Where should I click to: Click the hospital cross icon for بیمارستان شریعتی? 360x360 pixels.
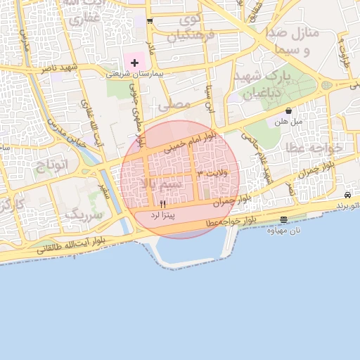coord(135,63)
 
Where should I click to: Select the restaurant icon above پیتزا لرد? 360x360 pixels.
coord(163,204)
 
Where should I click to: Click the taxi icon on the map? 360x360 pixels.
coord(348,195)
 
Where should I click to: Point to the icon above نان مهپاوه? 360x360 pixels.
coord(283,219)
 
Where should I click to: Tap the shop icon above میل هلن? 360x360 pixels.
coord(288,111)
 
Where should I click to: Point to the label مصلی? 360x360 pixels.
coord(175,105)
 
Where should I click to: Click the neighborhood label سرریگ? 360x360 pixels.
coord(83,214)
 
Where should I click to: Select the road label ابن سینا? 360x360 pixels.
coord(208,98)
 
